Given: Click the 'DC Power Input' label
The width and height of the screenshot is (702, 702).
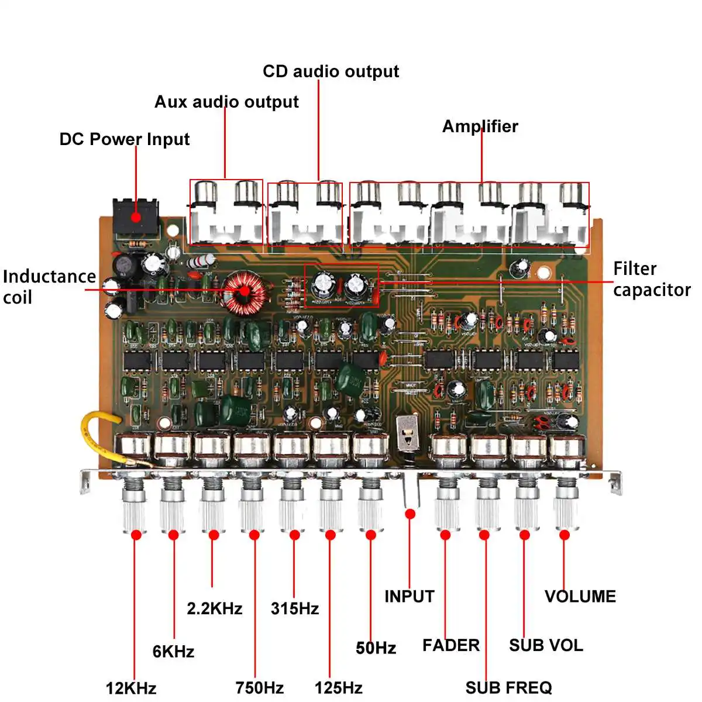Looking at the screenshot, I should coord(124,139).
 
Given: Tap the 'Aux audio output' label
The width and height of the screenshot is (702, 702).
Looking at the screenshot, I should coord(226,102).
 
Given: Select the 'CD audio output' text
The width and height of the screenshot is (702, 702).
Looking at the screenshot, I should coord(331,71).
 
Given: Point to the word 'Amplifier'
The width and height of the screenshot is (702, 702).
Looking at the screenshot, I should coord(480,126).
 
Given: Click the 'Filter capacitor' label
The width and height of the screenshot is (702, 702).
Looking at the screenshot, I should coord(651,279).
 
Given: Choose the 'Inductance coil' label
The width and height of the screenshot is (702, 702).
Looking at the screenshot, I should coord(49,287).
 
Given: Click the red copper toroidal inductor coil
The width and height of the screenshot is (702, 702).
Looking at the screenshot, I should coord(243,290).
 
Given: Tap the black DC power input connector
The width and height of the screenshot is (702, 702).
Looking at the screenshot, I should coord(136,217).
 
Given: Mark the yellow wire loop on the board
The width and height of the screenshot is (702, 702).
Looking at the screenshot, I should coord(97,436).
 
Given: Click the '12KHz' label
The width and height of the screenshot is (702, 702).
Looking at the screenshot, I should coord(131,688).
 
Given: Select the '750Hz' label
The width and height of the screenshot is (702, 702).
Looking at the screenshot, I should coord(259,687).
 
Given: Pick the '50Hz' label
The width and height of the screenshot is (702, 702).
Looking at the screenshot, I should coord(376,648).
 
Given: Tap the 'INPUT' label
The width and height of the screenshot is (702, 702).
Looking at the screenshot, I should coord(409,597).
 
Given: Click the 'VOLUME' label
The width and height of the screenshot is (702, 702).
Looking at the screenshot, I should coord(580,597).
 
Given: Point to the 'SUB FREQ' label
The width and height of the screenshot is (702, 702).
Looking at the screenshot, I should coord(508,687).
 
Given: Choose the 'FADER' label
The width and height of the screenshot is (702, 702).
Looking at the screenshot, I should coord(450,645).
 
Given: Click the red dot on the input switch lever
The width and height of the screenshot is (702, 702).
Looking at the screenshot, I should coord(410,514).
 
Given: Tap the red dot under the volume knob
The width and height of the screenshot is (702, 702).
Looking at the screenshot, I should coord(565,534).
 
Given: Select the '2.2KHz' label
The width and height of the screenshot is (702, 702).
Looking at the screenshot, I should coord(214,608).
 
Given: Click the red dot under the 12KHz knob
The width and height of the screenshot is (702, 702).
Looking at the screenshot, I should coord(136,534).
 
